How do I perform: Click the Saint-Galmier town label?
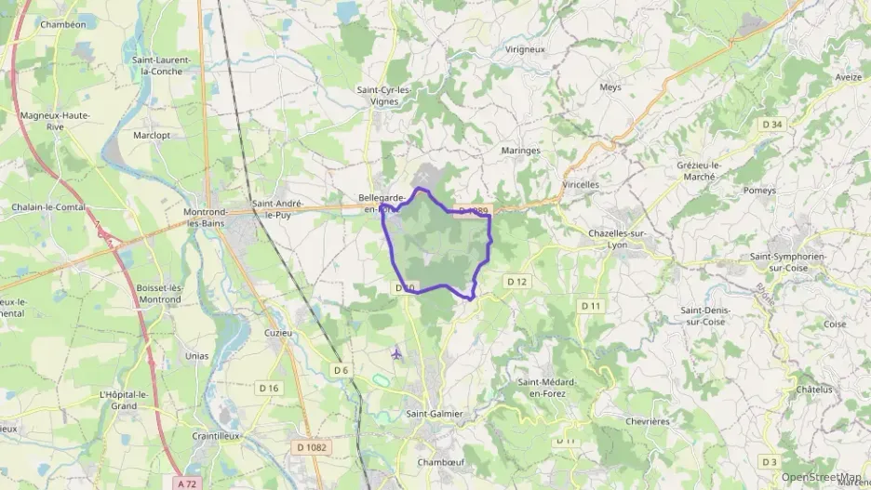coord(435,414)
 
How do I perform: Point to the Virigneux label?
coord(524,49)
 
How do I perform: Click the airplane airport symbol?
coord(398,353)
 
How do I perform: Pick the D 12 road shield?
coord(516,282)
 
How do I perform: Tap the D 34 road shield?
coord(771,125)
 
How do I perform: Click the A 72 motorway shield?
coord(185,483)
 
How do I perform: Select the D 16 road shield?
coord(269,388)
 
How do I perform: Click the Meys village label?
coord(610,87)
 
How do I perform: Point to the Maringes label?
coord(521,150)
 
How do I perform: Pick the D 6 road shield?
coord(342,370)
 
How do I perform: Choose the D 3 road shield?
coord(768,462)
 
